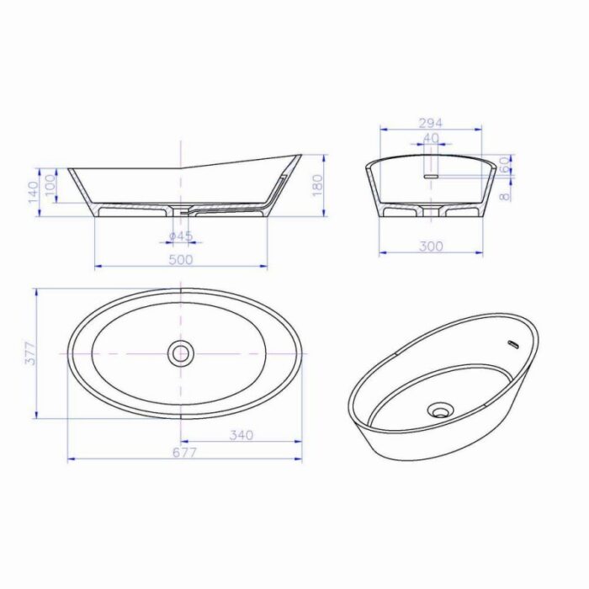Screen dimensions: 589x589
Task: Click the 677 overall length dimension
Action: coord(185,453)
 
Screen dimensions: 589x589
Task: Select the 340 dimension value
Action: coord(241,435)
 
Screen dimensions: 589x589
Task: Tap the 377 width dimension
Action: coord(30,353)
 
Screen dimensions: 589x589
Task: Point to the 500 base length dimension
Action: coord(181,259)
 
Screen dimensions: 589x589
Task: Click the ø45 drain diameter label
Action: coord(181,236)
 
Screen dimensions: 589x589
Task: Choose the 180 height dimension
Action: coord(318,186)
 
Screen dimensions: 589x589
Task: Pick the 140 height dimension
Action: coord(33,192)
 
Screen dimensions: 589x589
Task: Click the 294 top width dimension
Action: coord(431,123)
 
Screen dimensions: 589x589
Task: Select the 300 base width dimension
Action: coord(431,247)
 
